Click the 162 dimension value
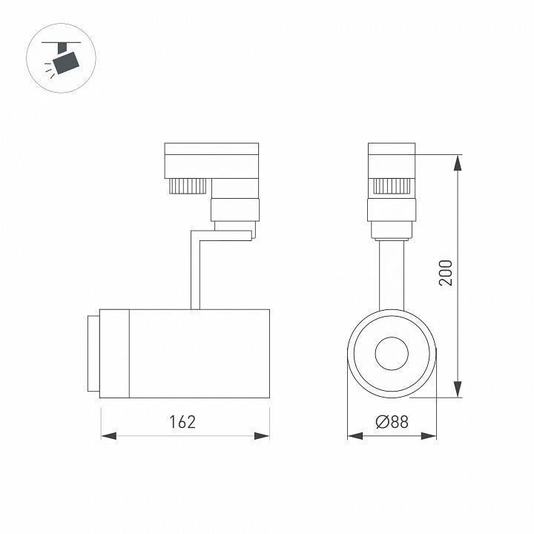(182, 422)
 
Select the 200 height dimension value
(445, 274)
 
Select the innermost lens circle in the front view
(392, 353)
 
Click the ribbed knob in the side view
(188, 185)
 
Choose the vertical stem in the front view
(392, 274)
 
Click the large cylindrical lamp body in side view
(199, 353)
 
